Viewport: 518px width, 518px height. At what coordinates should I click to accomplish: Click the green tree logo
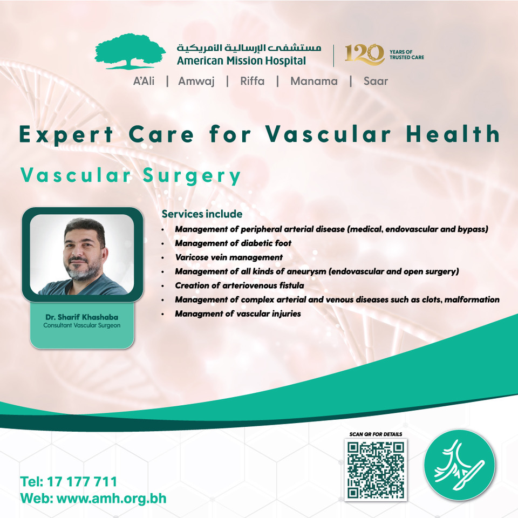tap(130, 51)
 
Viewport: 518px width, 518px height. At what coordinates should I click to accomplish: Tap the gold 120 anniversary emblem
tap(365, 54)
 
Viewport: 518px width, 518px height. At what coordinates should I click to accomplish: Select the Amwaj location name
tap(196, 81)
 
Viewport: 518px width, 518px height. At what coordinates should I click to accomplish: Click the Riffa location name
tap(252, 81)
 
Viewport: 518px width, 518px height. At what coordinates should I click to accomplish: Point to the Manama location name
tap(314, 81)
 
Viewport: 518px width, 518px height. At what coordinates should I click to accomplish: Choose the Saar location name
tap(376, 81)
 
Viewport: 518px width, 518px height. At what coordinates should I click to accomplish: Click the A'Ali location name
tap(144, 81)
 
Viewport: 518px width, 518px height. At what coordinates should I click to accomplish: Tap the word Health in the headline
tap(453, 134)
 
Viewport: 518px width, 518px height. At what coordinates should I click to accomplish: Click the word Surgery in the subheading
tap(192, 175)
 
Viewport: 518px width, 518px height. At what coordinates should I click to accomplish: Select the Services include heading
tap(202, 214)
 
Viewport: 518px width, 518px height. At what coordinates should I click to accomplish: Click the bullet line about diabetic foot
tap(233, 243)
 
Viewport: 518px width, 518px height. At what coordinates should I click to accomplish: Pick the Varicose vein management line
tap(229, 257)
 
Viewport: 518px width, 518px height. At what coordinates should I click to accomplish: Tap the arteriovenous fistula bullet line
tap(239, 285)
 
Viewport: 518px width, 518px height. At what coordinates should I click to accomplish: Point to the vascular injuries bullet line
tap(238, 313)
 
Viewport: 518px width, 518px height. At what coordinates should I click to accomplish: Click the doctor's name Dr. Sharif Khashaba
tap(82, 317)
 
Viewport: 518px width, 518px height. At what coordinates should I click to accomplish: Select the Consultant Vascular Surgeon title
tap(82, 325)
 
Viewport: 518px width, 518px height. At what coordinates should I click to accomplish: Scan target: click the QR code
tap(376, 470)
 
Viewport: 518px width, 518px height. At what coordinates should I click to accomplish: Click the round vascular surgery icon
tap(460, 465)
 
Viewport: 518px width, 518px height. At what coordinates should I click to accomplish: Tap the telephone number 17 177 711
tap(82, 482)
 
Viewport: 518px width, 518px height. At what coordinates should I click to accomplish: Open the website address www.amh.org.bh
tap(111, 499)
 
